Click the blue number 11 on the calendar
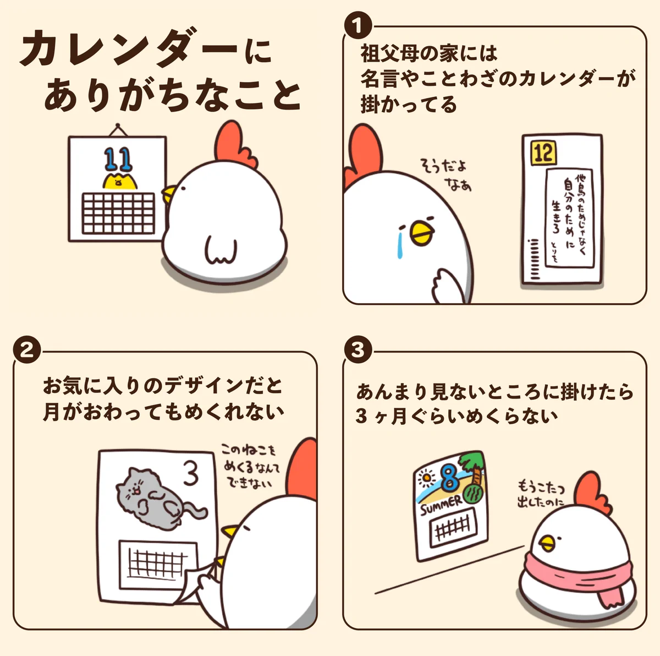pyautogui.click(x=118, y=159)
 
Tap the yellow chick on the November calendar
pyautogui.click(x=119, y=182)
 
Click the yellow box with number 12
pyautogui.click(x=543, y=152)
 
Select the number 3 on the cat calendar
pyautogui.click(x=190, y=474)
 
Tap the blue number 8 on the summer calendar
pyautogui.click(x=450, y=478)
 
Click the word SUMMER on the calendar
pyautogui.click(x=441, y=504)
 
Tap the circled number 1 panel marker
pyautogui.click(x=358, y=25)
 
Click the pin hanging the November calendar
pyautogui.click(x=117, y=127)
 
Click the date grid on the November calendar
pyautogui.click(x=118, y=213)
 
